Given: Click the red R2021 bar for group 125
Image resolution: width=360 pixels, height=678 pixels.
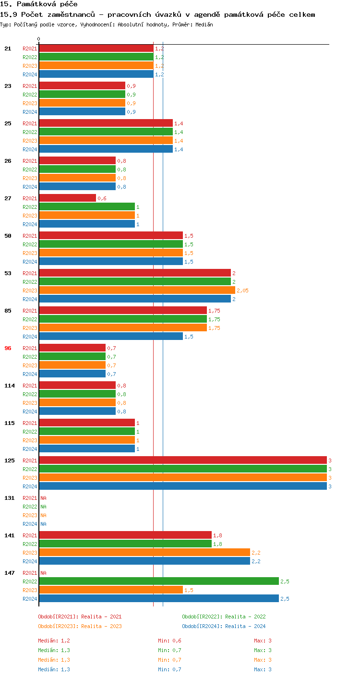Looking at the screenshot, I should click(x=182, y=460).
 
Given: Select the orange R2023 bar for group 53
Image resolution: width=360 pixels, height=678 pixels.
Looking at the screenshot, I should click(x=137, y=291).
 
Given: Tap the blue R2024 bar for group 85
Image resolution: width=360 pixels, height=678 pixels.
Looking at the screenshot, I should click(x=111, y=337).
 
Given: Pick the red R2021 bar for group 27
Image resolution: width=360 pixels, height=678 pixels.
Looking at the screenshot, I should click(x=67, y=198).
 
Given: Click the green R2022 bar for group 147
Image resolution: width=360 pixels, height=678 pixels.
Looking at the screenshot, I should click(x=159, y=581).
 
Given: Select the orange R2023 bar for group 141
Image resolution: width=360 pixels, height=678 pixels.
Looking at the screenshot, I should click(x=144, y=553).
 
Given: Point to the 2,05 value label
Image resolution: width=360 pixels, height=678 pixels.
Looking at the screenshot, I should click(x=242, y=291).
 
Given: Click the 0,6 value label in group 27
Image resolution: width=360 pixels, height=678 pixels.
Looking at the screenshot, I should click(x=102, y=198).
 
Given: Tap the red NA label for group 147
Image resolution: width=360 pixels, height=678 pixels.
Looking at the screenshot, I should click(x=43, y=573).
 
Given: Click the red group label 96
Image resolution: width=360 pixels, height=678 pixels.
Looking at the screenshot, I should click(x=8, y=348).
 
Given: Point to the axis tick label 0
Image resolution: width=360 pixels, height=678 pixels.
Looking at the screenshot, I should click(x=39, y=39).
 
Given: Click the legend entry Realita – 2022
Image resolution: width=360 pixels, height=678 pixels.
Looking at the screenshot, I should click(x=224, y=617).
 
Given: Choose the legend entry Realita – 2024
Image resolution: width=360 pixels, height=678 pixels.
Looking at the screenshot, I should click(x=224, y=626).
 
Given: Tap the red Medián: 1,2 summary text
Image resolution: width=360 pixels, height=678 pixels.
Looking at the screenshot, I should click(x=54, y=641).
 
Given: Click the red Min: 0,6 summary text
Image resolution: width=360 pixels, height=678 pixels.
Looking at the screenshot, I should click(x=169, y=641).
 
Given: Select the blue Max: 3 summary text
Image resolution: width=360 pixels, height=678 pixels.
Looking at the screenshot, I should click(x=263, y=669).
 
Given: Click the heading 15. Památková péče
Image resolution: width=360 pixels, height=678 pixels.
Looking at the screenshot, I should click(x=39, y=4).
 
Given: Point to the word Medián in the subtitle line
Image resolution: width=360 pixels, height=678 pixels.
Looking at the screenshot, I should click(x=204, y=24).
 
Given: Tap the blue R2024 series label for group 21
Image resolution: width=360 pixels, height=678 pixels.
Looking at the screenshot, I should click(x=30, y=74).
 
